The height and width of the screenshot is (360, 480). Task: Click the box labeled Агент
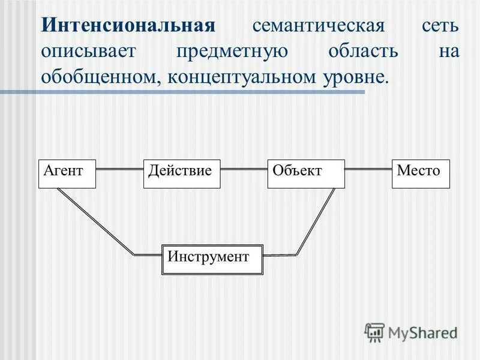pyautogui.click(x=67, y=174)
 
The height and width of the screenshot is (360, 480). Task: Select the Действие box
pyautogui.click(x=182, y=174)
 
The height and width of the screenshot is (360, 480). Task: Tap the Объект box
pyautogui.click(x=306, y=174)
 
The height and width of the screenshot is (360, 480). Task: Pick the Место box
pyautogui.click(x=421, y=174)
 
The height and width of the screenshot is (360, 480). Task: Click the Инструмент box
pyautogui.click(x=213, y=259)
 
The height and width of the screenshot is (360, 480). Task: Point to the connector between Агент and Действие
pyautogui.click(x=120, y=169)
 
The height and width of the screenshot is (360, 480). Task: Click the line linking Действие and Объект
pyautogui.click(x=244, y=169)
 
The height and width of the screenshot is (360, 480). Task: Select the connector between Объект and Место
pyautogui.click(x=368, y=169)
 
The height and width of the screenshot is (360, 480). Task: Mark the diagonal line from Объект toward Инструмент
pyautogui.click(x=316, y=222)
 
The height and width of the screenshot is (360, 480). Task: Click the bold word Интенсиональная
pyautogui.click(x=128, y=26)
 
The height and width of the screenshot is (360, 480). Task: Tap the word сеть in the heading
pyautogui.click(x=440, y=26)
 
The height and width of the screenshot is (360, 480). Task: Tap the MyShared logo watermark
pyautogui.click(x=411, y=332)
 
